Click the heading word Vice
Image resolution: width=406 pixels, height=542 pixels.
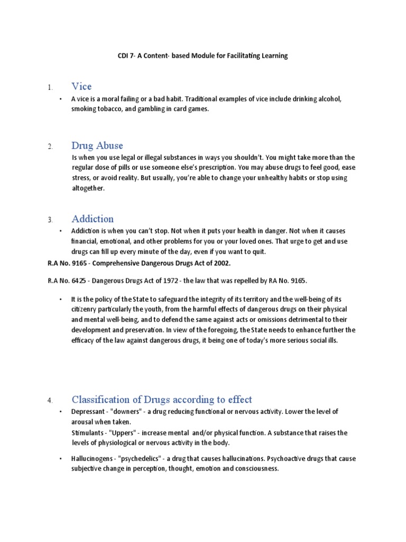[82, 86]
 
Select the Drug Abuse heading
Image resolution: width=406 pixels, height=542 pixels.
[97, 146]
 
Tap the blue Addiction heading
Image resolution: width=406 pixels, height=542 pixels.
[93, 219]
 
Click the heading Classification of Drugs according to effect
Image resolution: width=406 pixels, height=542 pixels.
[162, 399]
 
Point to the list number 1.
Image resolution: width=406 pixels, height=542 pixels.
[50, 87]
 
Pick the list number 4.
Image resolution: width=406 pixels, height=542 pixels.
[50, 400]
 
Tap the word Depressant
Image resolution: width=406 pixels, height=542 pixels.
[89, 412]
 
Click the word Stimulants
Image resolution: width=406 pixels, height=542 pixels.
[87, 433]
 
